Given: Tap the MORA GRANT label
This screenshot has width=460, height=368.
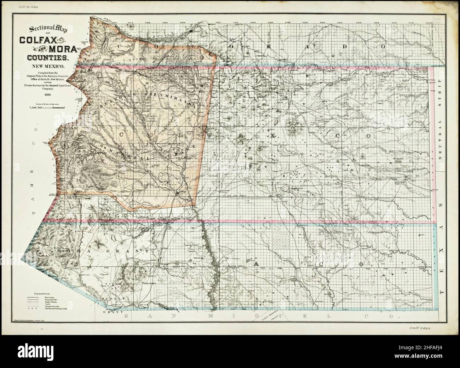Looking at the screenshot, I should tap(80, 251).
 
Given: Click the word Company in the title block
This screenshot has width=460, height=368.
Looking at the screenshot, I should tap(44, 91).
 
